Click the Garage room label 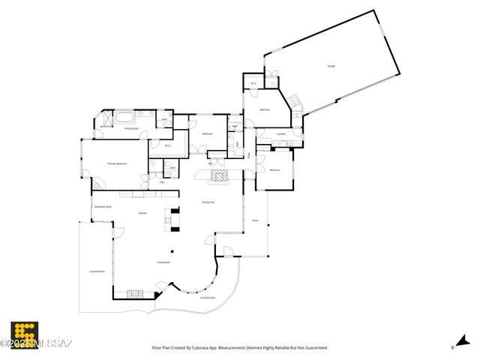(x=331, y=66)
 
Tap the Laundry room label (x=281, y=134)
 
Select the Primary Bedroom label (x=116, y=163)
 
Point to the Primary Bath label (x=132, y=129)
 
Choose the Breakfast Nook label (x=103, y=206)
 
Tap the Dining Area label (x=208, y=202)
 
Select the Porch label (x=255, y=220)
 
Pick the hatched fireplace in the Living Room (x=135, y=294)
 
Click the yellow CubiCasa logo (x=24, y=334)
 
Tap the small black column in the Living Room (x=171, y=251)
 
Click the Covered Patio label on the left (x=97, y=271)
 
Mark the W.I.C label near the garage (x=253, y=83)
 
